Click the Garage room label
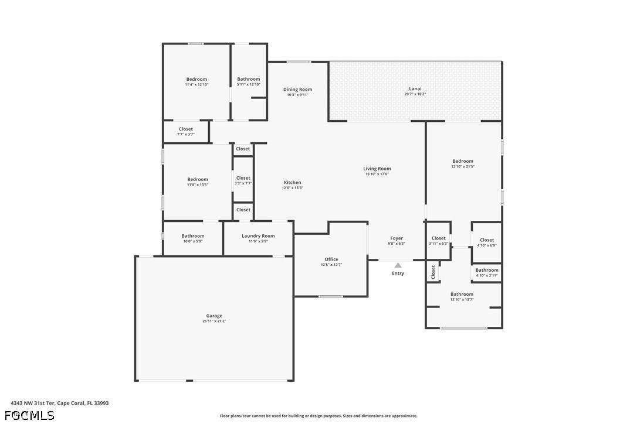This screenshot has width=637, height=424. pyautogui.click(x=214, y=316)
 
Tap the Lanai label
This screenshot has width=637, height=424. pyautogui.click(x=415, y=89)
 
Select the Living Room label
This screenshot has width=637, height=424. pyautogui.click(x=377, y=169)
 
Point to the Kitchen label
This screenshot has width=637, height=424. pyautogui.click(x=292, y=183)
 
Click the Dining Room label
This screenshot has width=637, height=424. pyautogui.click(x=297, y=90)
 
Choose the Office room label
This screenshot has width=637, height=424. pyautogui.click(x=331, y=259)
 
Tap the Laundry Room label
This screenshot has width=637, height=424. pyautogui.click(x=258, y=236)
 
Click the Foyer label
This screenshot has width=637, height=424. pyautogui.click(x=397, y=238)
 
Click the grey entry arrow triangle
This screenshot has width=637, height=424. pyautogui.click(x=398, y=265)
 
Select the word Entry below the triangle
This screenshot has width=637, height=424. pyautogui.click(x=398, y=273)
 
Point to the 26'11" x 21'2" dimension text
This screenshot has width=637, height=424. pyautogui.click(x=214, y=322)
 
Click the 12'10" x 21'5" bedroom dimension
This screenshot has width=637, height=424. pyautogui.click(x=462, y=166)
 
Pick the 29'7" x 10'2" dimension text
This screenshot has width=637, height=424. pyautogui.click(x=415, y=94)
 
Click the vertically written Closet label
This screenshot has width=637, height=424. pyautogui.click(x=433, y=272)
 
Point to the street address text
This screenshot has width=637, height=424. pyautogui.click(x=59, y=403)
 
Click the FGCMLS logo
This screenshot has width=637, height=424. pyautogui.click(x=29, y=415)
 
